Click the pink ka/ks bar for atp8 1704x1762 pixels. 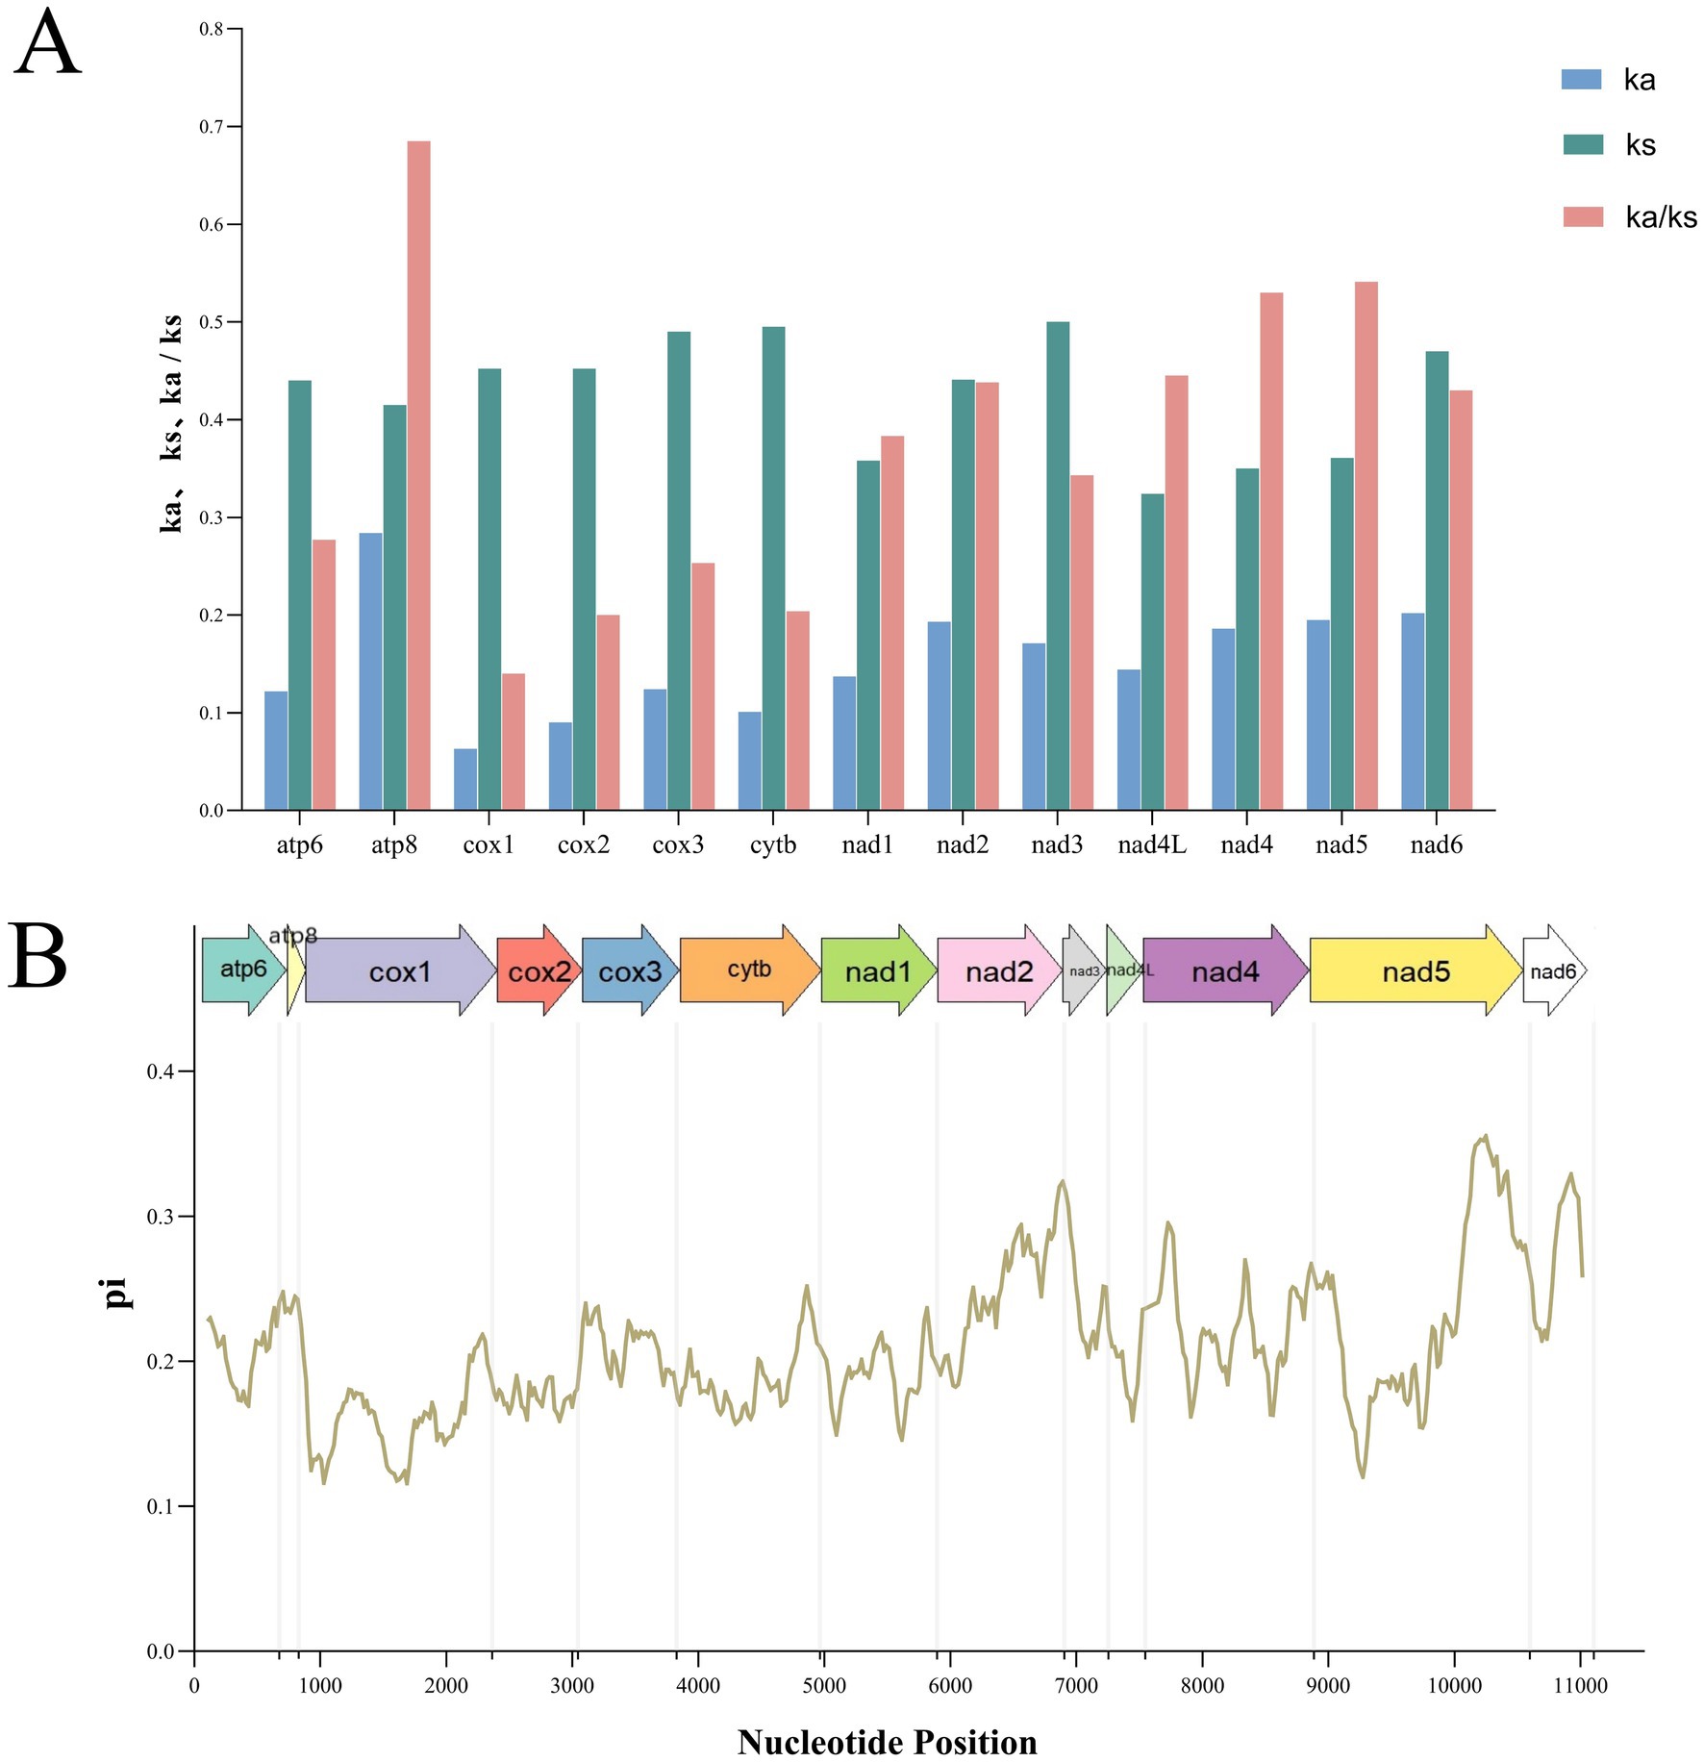point(418,475)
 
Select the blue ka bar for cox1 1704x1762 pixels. point(465,779)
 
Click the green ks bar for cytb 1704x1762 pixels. point(773,568)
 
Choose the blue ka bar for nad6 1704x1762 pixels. point(1413,712)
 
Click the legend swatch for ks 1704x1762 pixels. point(1583,144)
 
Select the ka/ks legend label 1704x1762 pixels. point(1661,217)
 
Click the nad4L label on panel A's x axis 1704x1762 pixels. point(1152,844)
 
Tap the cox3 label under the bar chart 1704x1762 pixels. point(678,844)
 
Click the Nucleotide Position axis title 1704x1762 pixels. point(887,1742)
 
